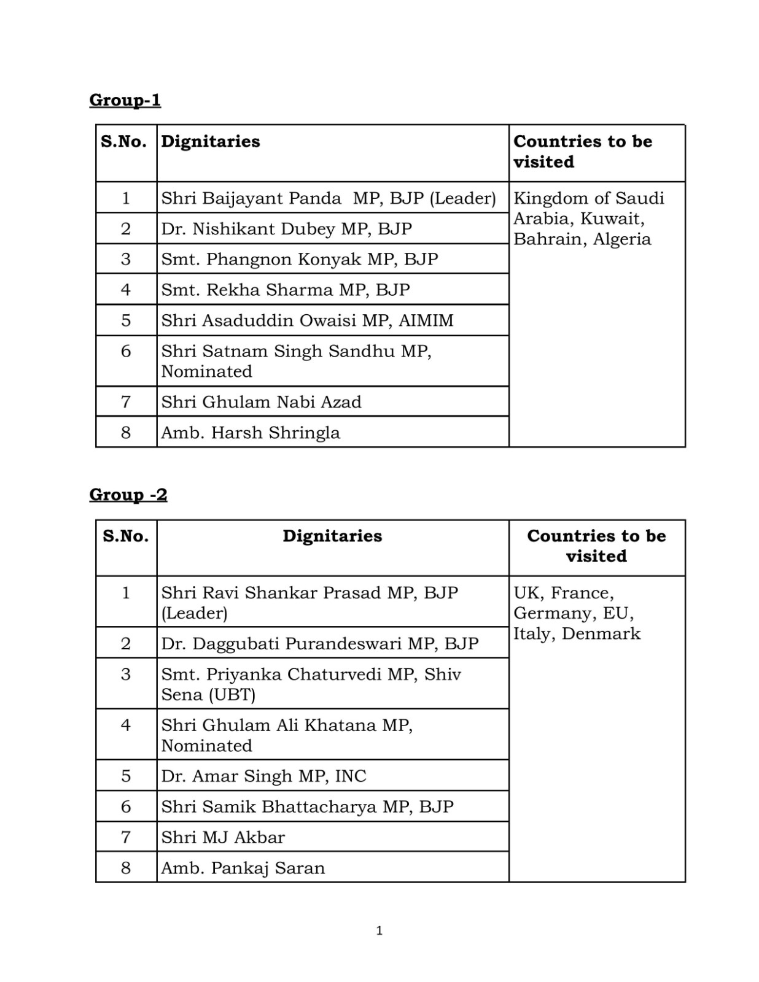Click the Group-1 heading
[x=125, y=100]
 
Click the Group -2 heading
[x=128, y=495]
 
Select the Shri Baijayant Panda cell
[x=328, y=198]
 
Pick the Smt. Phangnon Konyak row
[x=299, y=259]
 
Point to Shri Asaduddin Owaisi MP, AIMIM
[x=307, y=320]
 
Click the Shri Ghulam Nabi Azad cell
[x=261, y=402]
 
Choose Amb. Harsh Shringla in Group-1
[x=250, y=433]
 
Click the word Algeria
[x=622, y=239]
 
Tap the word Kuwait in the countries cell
[x=612, y=219]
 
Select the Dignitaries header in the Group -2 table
[x=332, y=536]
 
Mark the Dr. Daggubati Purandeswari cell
[x=319, y=644]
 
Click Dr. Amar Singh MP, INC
[x=263, y=776]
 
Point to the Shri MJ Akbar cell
[x=223, y=838]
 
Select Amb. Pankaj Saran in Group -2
[x=243, y=868]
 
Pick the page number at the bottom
[x=379, y=931]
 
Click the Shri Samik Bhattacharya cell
[x=307, y=807]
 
